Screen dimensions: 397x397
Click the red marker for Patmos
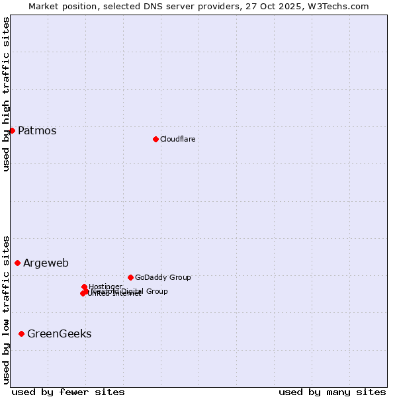(x=12, y=130)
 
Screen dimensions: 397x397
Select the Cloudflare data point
(x=155, y=139)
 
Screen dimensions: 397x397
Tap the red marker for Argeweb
(x=17, y=263)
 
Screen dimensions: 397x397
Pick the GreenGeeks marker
(x=21, y=333)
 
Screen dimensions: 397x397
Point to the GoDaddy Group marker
(x=130, y=277)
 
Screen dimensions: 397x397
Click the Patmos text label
(x=37, y=130)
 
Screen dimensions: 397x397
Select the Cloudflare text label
(x=177, y=139)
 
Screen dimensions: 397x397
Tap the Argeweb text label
(x=46, y=263)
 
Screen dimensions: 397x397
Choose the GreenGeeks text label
(x=59, y=333)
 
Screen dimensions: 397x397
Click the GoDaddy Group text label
(x=162, y=277)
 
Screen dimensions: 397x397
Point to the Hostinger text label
(x=105, y=287)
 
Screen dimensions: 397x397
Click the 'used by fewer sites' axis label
(x=68, y=392)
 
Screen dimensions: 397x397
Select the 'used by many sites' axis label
(x=332, y=392)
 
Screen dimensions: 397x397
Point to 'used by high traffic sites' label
(x=6, y=94)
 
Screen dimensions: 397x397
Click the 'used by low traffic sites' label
(x=6, y=309)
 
